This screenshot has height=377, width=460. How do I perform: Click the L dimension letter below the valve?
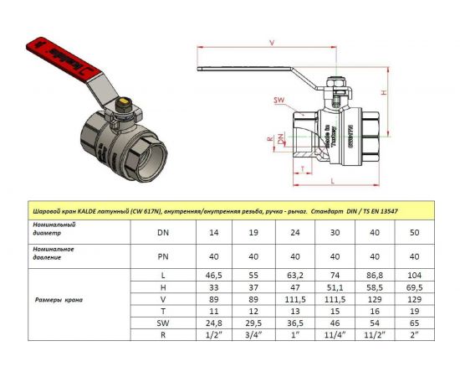(x=333, y=180)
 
